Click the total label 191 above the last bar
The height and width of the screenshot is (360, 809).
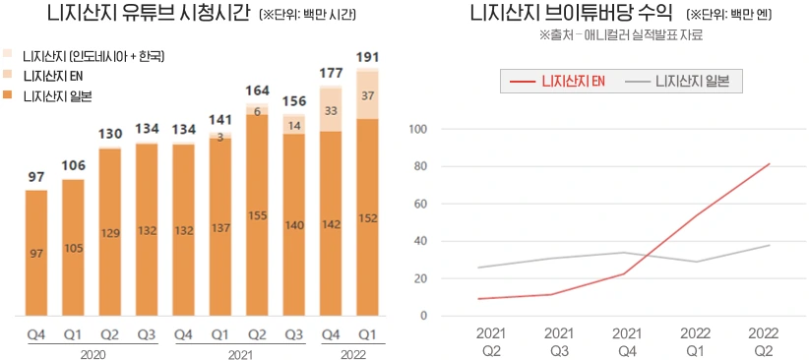366,57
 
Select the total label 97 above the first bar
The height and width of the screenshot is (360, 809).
35,176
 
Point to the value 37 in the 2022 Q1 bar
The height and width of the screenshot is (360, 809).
366,95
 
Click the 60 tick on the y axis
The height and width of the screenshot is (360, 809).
418,204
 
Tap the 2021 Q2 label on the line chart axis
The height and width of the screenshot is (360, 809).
491,341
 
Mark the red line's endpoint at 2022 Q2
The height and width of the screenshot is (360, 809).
769,164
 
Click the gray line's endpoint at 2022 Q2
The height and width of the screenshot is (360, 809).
769,245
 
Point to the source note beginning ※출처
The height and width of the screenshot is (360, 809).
621,35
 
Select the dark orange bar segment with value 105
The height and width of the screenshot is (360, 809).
73,247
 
